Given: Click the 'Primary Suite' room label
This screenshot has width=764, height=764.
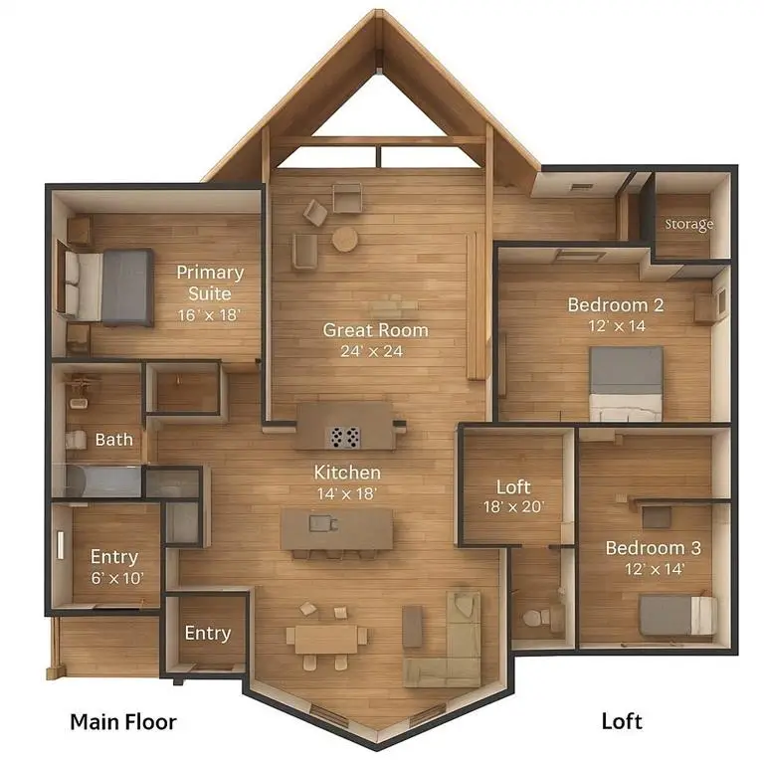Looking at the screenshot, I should pyautogui.click(x=210, y=283).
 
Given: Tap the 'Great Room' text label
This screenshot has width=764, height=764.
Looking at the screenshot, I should pyautogui.click(x=376, y=329).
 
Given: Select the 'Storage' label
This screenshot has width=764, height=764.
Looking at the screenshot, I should pyautogui.click(x=689, y=225).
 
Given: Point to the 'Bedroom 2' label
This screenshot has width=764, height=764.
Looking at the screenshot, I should pyautogui.click(x=616, y=304).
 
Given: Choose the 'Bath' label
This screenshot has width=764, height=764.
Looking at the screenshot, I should pyautogui.click(x=113, y=439).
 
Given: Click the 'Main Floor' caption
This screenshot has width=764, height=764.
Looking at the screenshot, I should pyautogui.click(x=122, y=721).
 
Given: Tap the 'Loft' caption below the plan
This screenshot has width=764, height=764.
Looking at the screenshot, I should pyautogui.click(x=622, y=721).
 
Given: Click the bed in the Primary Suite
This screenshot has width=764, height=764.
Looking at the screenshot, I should pyautogui.click(x=109, y=286).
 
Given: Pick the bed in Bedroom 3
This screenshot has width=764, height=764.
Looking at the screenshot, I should pyautogui.click(x=676, y=615).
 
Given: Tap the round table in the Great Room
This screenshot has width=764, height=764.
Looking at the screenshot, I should pyautogui.click(x=345, y=239).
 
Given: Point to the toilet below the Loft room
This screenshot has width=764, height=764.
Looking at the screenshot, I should pyautogui.click(x=535, y=618).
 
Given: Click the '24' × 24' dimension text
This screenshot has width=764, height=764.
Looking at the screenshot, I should pyautogui.click(x=376, y=351).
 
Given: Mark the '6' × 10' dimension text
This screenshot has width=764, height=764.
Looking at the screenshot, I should pyautogui.click(x=113, y=578).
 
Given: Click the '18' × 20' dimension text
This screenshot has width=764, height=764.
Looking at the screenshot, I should pyautogui.click(x=513, y=507).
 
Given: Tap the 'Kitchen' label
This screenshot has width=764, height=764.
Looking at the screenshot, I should pyautogui.click(x=347, y=472).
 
